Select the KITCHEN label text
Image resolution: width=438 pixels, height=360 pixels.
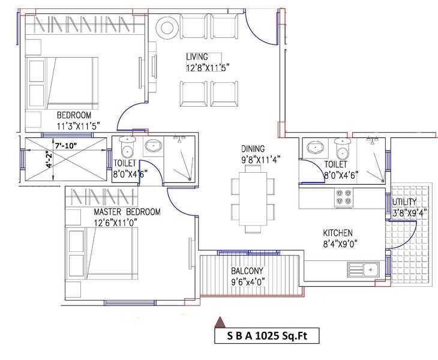tap(338, 233)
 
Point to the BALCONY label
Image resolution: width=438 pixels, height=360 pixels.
tap(246, 271)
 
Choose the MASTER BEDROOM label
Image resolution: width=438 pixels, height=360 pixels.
tap(127, 212)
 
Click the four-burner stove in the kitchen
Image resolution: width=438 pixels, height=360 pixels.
tap(344, 198)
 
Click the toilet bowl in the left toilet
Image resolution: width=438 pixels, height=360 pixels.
tap(127, 149)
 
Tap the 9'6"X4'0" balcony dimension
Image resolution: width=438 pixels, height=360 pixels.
tap(246, 281)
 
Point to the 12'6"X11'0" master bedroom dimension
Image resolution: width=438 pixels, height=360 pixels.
tap(116, 222)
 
